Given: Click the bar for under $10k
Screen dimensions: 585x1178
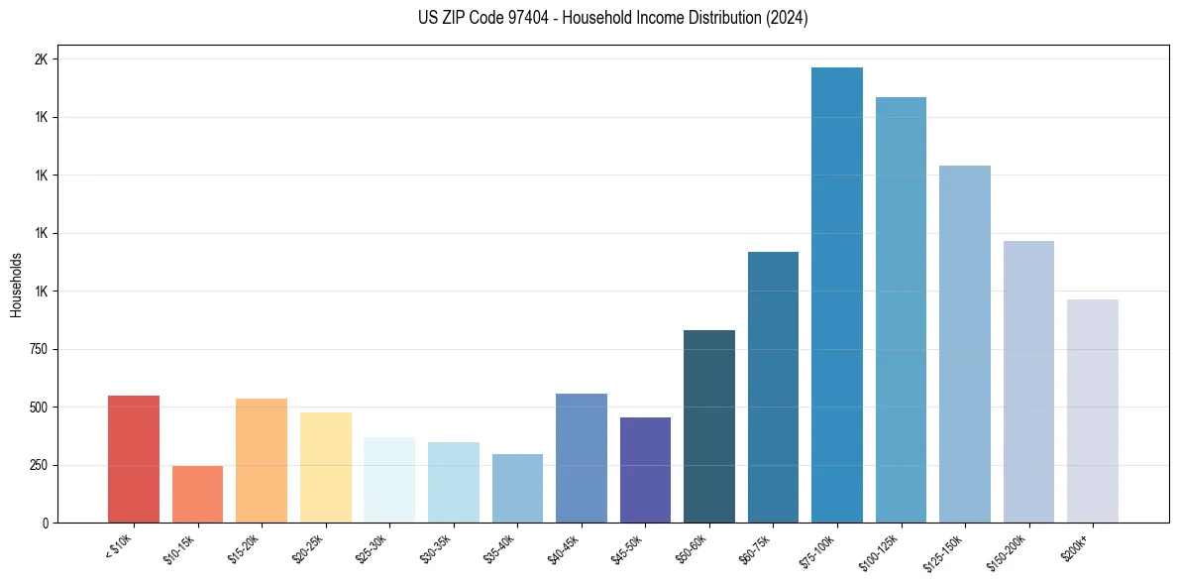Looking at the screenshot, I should click(x=134, y=459).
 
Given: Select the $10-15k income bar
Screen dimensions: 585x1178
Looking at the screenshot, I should click(x=197, y=494).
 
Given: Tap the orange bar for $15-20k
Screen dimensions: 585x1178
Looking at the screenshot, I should click(x=262, y=460).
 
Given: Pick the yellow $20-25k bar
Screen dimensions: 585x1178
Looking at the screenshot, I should click(x=326, y=467).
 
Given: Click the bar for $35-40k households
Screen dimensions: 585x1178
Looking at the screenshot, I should click(x=517, y=488).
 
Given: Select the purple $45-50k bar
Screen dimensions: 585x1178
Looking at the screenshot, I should click(x=645, y=470).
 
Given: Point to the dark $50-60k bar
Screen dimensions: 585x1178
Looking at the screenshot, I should click(x=709, y=426).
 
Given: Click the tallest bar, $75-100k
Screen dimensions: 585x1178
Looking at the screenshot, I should click(x=837, y=294).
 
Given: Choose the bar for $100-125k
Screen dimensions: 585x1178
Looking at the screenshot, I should click(x=901, y=309).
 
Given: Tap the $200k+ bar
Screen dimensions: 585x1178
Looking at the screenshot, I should click(x=1093, y=410).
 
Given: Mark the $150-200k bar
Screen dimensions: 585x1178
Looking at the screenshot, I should click(x=1028, y=382).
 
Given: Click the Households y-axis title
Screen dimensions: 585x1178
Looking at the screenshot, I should click(x=17, y=285).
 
